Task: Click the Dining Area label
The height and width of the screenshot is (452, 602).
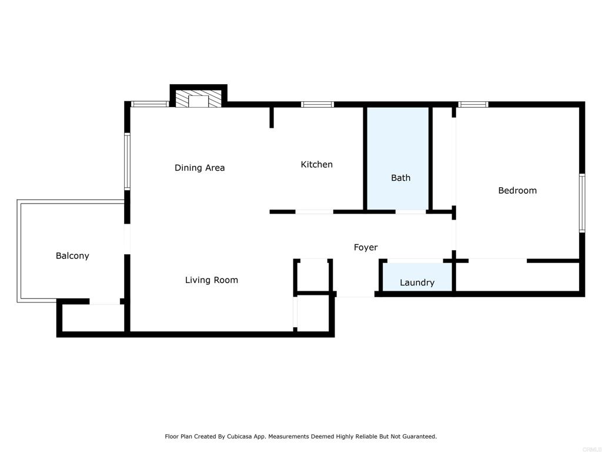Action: [x=199, y=168]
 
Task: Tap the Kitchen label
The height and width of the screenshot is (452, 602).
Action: [x=316, y=164]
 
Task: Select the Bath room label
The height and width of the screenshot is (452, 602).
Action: [x=400, y=178]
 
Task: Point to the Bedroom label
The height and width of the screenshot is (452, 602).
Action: [x=517, y=190]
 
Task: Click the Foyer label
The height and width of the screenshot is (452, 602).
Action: [x=365, y=247]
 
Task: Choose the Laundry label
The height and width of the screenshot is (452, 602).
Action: [x=417, y=282]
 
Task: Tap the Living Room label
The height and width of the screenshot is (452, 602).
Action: [x=211, y=280]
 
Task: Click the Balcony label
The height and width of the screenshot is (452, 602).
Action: [x=72, y=255]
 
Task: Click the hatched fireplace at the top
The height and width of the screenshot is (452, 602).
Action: [x=199, y=99]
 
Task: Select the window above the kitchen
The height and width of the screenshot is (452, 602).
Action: [x=317, y=105]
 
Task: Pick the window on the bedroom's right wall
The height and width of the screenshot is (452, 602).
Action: [x=581, y=203]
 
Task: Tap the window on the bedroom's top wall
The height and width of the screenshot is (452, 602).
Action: [x=473, y=105]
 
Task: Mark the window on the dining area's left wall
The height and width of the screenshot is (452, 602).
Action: [x=127, y=161]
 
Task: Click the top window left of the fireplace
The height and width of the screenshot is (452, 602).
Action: [x=150, y=105]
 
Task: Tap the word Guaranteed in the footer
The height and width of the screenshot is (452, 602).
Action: [x=418, y=437]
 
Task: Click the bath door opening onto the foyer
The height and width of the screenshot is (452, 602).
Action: [x=410, y=211]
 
